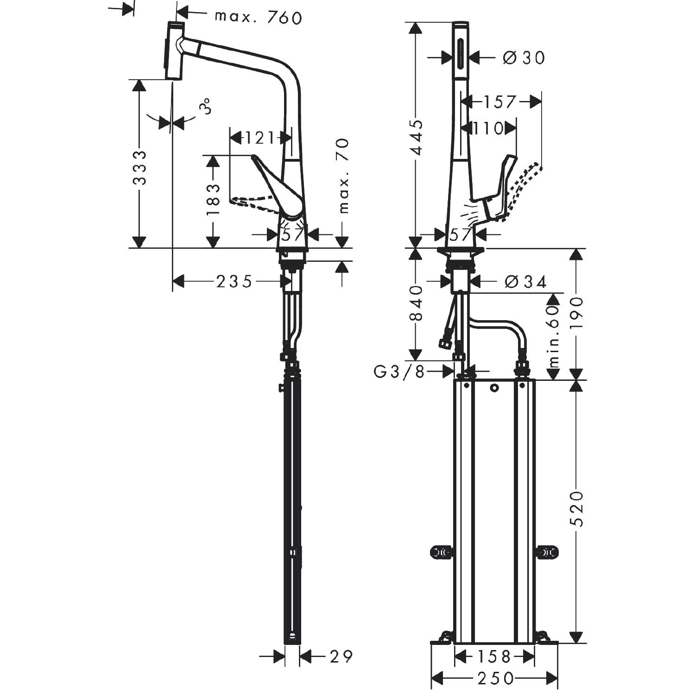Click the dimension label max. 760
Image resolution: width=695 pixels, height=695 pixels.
[258, 17]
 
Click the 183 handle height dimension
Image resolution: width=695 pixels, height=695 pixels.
[213, 200]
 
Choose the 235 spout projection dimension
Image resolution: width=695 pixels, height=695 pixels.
[234, 281]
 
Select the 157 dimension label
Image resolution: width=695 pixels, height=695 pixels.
[500, 101]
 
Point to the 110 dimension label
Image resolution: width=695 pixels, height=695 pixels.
[488, 128]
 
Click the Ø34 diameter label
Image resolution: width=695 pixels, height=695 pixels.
[525, 281]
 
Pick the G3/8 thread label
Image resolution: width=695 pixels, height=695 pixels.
[399, 372]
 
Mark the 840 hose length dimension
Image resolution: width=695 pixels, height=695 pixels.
[417, 303]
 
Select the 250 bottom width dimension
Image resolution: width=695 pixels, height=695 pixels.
[495, 679]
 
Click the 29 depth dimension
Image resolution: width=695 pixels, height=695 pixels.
[341, 656]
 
